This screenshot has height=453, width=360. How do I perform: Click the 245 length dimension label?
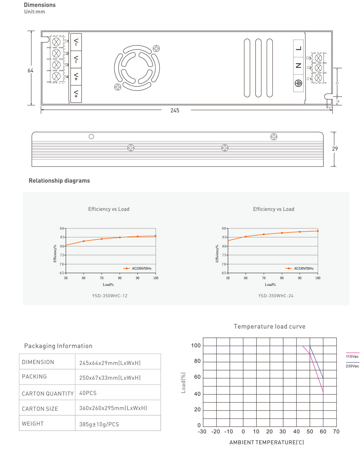175,110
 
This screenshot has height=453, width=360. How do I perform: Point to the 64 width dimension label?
30,70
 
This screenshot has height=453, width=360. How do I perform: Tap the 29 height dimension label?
335,149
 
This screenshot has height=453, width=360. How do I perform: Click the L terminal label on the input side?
298,48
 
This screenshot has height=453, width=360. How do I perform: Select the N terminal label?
298,65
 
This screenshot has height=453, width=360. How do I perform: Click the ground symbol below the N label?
298,83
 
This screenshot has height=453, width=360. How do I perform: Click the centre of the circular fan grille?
137,68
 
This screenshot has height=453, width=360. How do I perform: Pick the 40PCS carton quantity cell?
88,393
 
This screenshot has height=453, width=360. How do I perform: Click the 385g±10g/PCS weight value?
99,424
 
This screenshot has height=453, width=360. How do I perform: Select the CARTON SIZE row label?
40,409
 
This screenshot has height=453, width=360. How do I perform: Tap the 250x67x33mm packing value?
110,378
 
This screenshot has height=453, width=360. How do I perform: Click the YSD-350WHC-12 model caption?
110,296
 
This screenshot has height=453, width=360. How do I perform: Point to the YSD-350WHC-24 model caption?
276,296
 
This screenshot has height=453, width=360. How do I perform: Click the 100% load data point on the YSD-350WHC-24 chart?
318,231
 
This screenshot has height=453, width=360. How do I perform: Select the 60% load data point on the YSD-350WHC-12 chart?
84,241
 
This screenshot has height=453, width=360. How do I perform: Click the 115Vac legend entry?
352,356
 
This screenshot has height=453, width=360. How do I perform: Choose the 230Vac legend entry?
352,366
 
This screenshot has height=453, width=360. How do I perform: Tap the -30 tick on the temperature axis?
202,432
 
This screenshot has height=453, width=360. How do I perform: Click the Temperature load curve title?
269,326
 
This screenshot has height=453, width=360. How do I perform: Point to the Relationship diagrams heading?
59,181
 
